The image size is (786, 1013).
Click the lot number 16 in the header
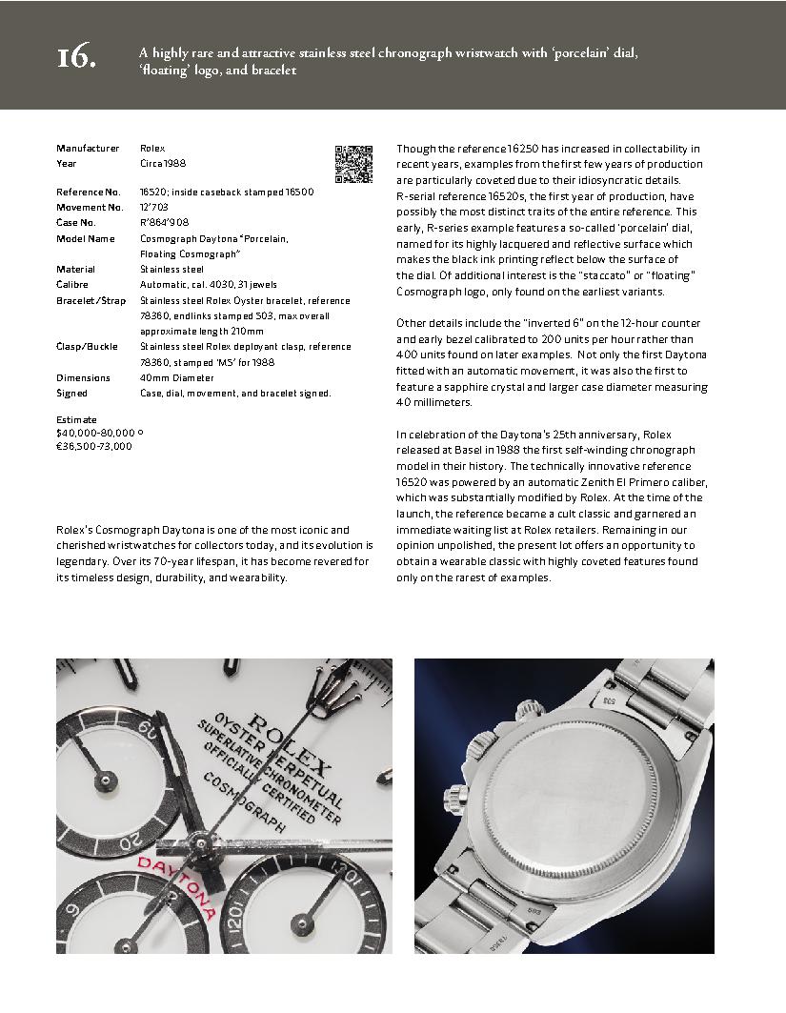point(76,58)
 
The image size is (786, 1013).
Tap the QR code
point(353,164)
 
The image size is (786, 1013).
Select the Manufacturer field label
point(88,149)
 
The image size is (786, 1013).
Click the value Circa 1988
point(162,164)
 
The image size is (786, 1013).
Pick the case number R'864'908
point(163,223)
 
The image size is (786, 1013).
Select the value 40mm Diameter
point(176,377)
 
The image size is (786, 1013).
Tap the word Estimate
point(76,420)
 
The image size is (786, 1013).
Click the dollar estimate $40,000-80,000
point(96,433)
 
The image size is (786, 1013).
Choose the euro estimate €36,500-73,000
point(94,446)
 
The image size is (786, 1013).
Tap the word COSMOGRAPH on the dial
point(244,802)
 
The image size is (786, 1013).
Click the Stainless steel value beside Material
point(171,270)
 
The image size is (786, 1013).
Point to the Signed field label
point(71,394)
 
